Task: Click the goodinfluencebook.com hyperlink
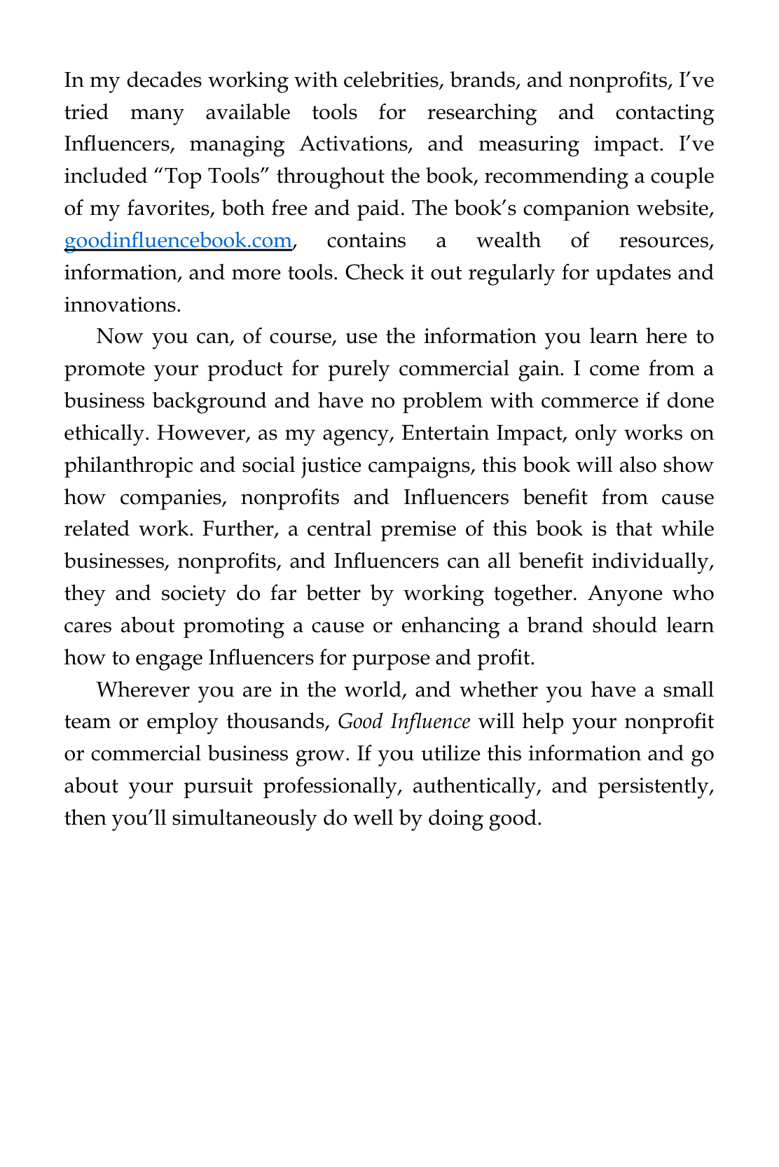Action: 177,241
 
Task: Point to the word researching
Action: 481,113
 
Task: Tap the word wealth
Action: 509,241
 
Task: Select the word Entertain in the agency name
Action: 445,433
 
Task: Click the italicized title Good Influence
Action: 404,722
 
